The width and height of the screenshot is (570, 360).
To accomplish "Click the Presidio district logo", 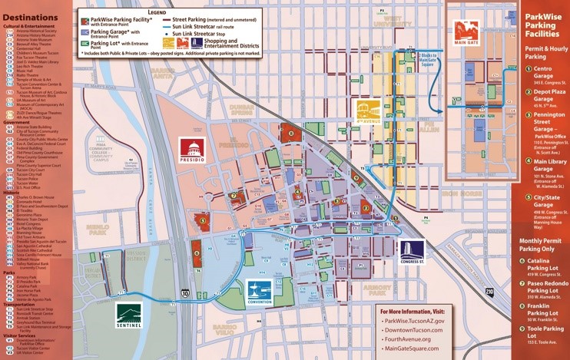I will (191, 152).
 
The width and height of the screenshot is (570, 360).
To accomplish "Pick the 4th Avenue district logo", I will (369, 112).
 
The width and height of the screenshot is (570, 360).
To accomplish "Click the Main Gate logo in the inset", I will (466, 31).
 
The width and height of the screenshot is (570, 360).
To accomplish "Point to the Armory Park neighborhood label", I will (377, 291).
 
